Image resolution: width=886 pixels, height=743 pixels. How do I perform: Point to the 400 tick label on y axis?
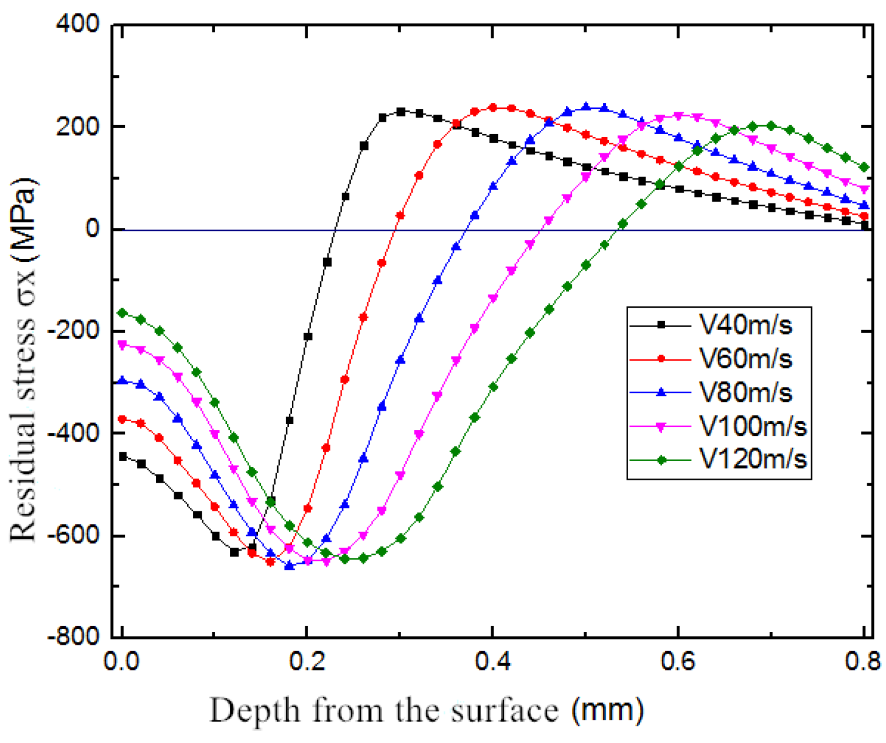pos(78,25)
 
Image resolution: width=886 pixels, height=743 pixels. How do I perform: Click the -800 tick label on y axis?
pos(74,637)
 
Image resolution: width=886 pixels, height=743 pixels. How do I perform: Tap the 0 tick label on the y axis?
pos(92,229)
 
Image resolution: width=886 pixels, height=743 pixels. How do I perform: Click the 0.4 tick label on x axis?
pos(492,662)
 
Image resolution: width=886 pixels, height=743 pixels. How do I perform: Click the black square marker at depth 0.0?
pos(123,456)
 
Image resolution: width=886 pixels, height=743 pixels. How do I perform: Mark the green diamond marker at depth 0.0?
pos(122,313)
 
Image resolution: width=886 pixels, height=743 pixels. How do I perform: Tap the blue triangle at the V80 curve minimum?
pos(289,566)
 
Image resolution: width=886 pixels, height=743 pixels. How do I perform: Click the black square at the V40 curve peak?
pos(401,112)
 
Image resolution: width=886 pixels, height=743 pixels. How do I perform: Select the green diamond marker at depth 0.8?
pos(864,168)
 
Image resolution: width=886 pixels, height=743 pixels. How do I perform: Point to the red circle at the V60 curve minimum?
pos(270,562)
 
